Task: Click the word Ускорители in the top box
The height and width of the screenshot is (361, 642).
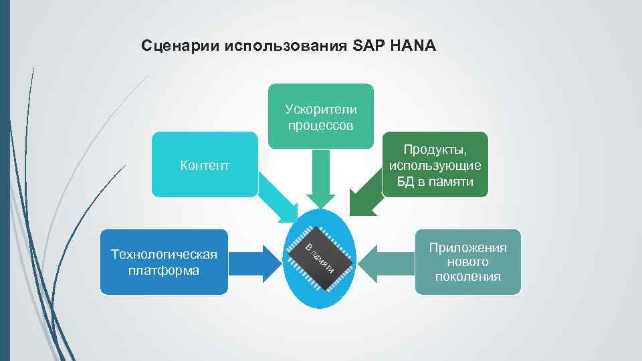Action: tap(321, 109)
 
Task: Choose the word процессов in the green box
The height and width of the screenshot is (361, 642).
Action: tap(321, 125)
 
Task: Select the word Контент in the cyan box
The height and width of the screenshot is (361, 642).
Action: tap(205, 164)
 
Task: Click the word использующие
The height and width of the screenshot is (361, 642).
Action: tap(435, 165)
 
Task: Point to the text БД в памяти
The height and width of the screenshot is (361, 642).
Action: tap(435, 181)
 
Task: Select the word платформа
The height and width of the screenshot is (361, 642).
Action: tap(164, 271)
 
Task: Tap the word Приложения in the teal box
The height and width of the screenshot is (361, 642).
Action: tap(468, 247)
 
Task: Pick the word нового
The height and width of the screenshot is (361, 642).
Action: tap(468, 262)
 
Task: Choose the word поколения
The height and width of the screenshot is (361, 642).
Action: tap(468, 277)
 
